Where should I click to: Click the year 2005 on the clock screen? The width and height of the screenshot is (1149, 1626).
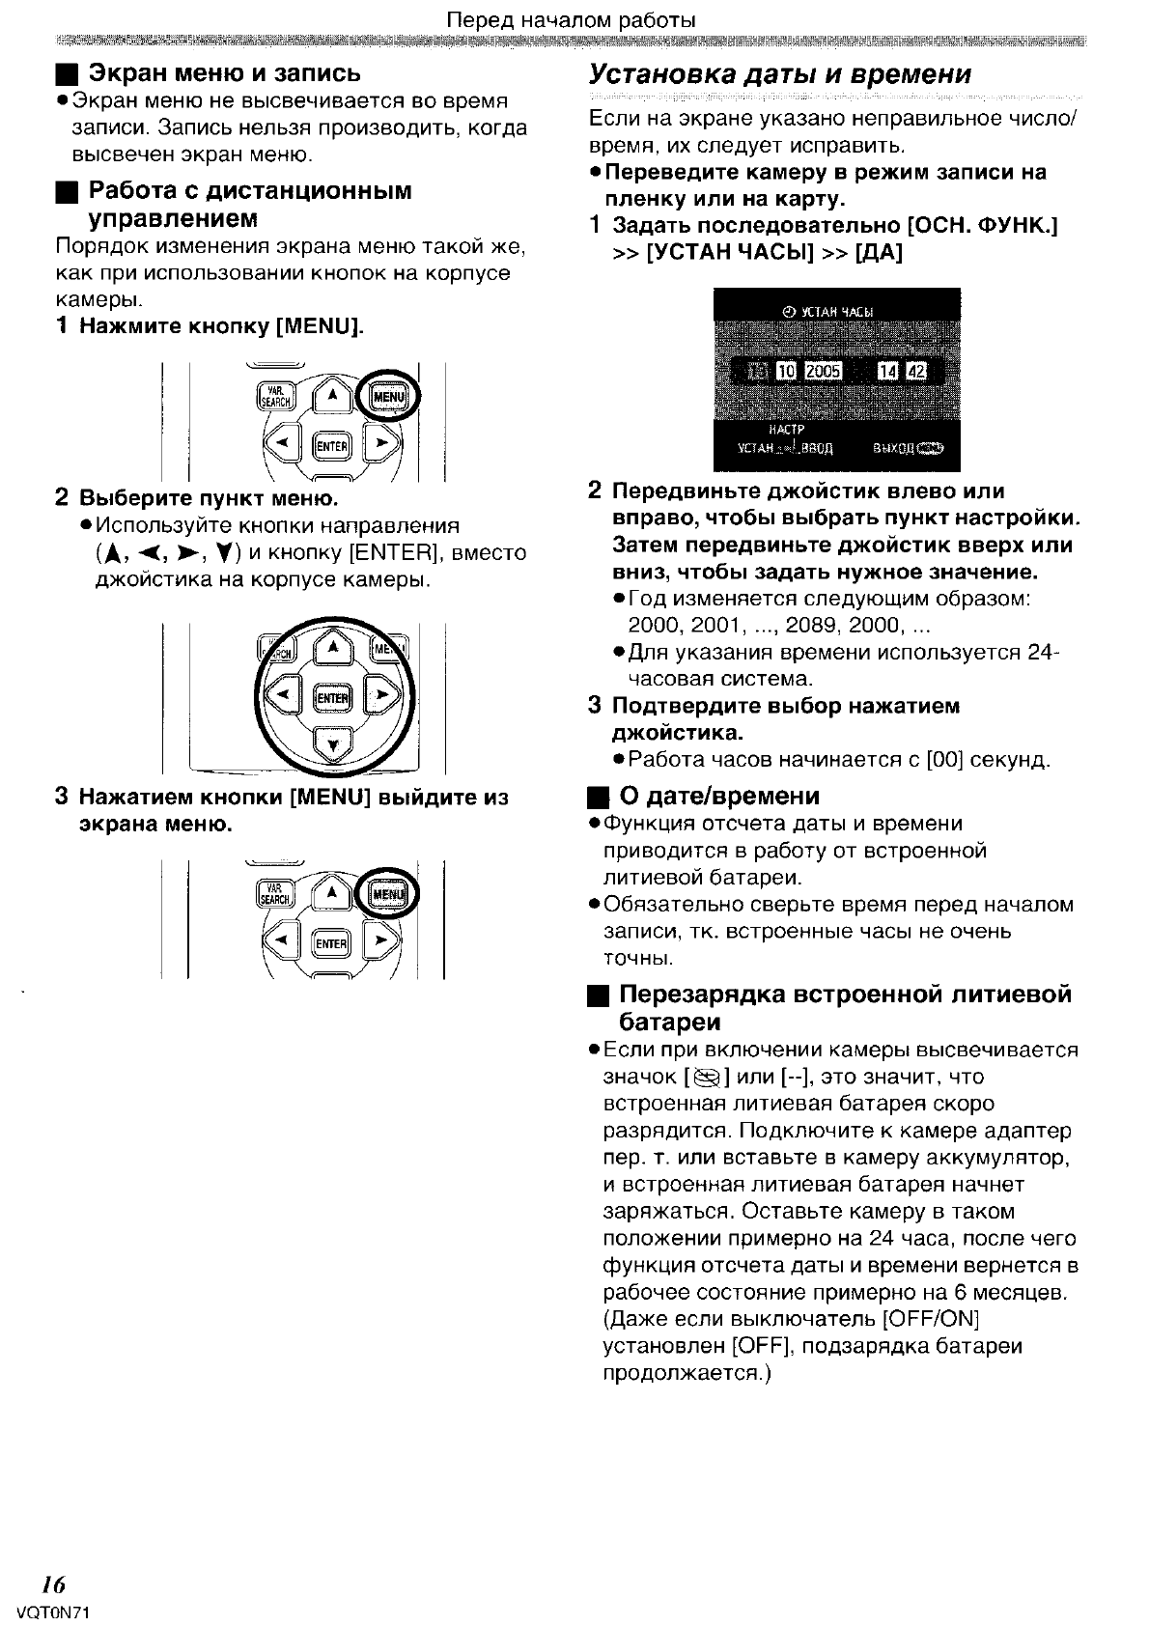tap(824, 372)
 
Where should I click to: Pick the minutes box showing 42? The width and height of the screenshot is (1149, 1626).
tap(914, 372)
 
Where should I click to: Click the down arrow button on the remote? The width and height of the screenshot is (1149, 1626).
tap(333, 743)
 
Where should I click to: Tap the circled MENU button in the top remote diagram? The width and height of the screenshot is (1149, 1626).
tap(388, 397)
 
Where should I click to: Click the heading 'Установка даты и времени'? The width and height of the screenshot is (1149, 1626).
tap(780, 74)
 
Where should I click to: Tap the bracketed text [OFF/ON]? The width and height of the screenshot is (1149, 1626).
tap(930, 1319)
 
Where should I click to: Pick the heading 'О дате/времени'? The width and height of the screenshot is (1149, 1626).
tap(719, 797)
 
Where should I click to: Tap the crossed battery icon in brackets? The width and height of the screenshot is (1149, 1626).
tap(707, 1078)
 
